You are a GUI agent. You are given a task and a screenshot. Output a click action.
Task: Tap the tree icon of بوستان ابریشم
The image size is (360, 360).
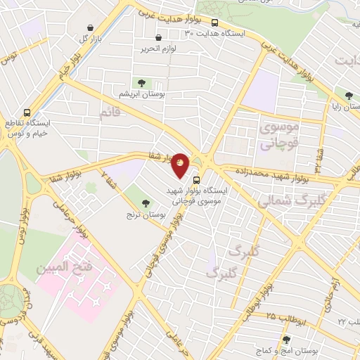point(142,82)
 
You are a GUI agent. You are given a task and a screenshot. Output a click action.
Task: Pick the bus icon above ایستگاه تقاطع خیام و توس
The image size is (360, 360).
point(27,112)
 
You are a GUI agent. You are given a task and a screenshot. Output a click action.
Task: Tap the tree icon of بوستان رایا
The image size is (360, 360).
point(349,96)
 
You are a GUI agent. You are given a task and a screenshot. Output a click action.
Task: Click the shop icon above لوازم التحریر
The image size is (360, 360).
point(157,38)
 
